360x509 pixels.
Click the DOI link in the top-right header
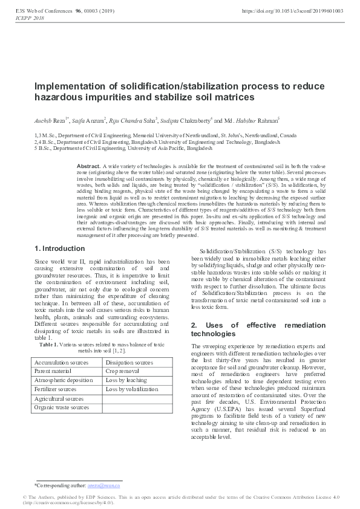click(x=292, y=11)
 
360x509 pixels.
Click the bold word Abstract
click(x=89, y=166)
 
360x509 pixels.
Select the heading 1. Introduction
click(x=60, y=248)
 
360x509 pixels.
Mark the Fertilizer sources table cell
click(x=58, y=390)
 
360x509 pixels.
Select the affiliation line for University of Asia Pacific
click(x=123, y=148)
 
